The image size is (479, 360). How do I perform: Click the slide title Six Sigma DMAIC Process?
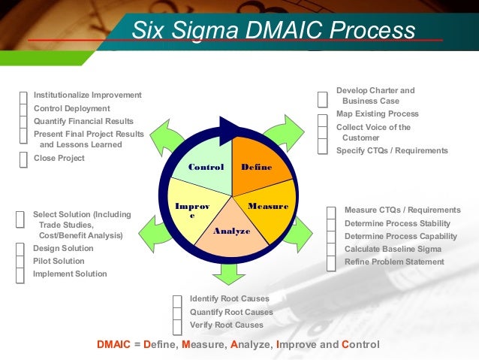click(x=273, y=31)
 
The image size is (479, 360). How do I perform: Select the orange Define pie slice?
click(x=258, y=162)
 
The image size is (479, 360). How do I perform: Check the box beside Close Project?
click(x=23, y=159)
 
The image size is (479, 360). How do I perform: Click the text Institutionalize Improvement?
click(x=87, y=95)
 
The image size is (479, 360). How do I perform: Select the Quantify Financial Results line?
click(x=83, y=121)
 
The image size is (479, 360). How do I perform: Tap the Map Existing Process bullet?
click(x=377, y=114)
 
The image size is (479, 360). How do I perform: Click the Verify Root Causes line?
click(x=226, y=325)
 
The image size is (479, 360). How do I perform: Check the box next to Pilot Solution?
click(x=20, y=262)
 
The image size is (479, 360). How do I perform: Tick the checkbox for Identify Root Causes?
click(x=177, y=300)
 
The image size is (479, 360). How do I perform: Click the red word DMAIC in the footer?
click(x=114, y=345)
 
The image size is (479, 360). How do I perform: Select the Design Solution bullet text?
click(x=64, y=249)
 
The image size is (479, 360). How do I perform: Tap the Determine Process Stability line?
click(x=397, y=223)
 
